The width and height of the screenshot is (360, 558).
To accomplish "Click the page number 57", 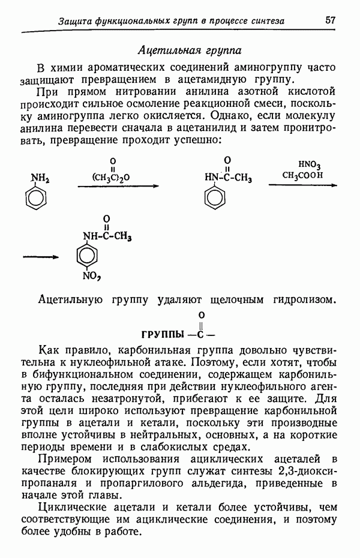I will [331, 20].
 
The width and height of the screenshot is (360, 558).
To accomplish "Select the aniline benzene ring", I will [37, 196].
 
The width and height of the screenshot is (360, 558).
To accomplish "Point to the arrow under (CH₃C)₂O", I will [118, 187].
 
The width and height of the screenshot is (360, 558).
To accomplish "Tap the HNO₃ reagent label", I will [309, 165].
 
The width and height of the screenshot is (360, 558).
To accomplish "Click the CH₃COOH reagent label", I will [302, 175].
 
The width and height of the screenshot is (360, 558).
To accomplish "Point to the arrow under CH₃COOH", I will [302, 185].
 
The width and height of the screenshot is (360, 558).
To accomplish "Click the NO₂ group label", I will [91, 277].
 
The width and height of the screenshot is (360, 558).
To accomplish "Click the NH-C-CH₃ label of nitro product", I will [106, 236].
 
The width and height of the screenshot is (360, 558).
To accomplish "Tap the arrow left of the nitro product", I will [41, 257].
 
